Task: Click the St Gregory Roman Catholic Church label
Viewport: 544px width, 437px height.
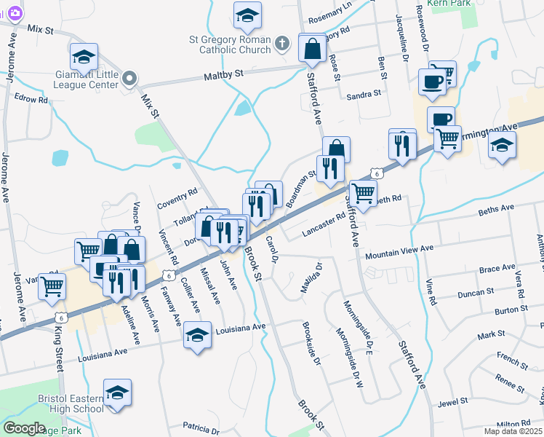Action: click(236, 44)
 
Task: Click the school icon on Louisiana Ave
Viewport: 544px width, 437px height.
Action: click(197, 335)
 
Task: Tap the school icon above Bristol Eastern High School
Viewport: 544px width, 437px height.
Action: click(117, 393)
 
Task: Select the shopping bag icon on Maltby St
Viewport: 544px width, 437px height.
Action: click(312, 50)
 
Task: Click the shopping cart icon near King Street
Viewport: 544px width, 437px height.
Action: click(52, 286)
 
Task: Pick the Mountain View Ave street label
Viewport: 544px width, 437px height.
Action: click(399, 252)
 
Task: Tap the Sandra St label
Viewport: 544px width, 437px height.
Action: click(364, 95)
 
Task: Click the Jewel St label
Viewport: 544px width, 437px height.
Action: click(452, 402)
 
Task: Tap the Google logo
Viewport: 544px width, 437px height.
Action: click(24, 428)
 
